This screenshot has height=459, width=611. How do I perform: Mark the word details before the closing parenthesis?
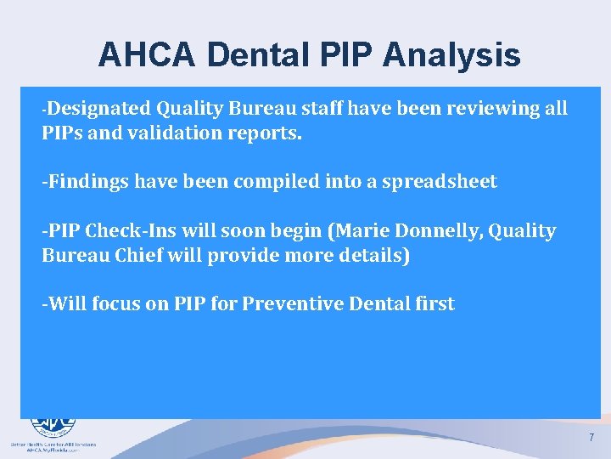tap(370, 256)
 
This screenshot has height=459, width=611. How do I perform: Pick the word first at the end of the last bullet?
tap(432, 303)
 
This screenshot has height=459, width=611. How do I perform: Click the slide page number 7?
tap(591, 438)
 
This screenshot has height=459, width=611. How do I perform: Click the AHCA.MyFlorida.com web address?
tap(53, 450)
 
